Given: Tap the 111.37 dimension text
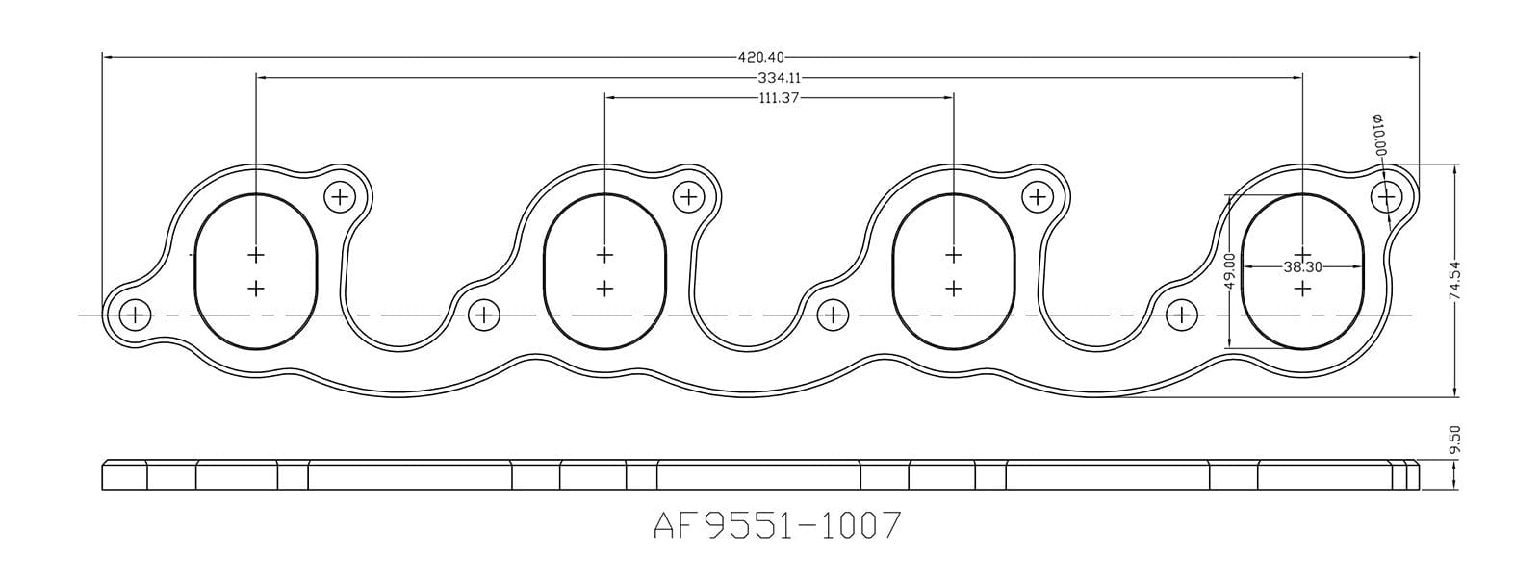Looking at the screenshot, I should click(780, 97).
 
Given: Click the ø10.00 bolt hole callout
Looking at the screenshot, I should click(1378, 136).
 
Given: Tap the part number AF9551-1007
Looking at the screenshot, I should click(777, 525).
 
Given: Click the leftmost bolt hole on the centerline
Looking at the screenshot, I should click(136, 315).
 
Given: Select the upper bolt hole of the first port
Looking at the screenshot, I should click(340, 197).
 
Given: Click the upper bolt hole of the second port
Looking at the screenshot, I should click(688, 197).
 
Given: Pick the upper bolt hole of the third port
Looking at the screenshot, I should click(1037, 197).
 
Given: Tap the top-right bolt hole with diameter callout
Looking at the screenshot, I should click(1386, 197).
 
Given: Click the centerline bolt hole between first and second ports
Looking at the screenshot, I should click(484, 315).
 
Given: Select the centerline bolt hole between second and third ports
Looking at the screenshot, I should click(833, 315).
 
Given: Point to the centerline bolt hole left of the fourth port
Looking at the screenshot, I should click(1181, 315).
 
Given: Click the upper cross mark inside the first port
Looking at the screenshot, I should click(256, 255).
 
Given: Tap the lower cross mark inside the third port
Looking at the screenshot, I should click(953, 288).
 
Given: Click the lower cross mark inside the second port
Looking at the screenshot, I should click(604, 288).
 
